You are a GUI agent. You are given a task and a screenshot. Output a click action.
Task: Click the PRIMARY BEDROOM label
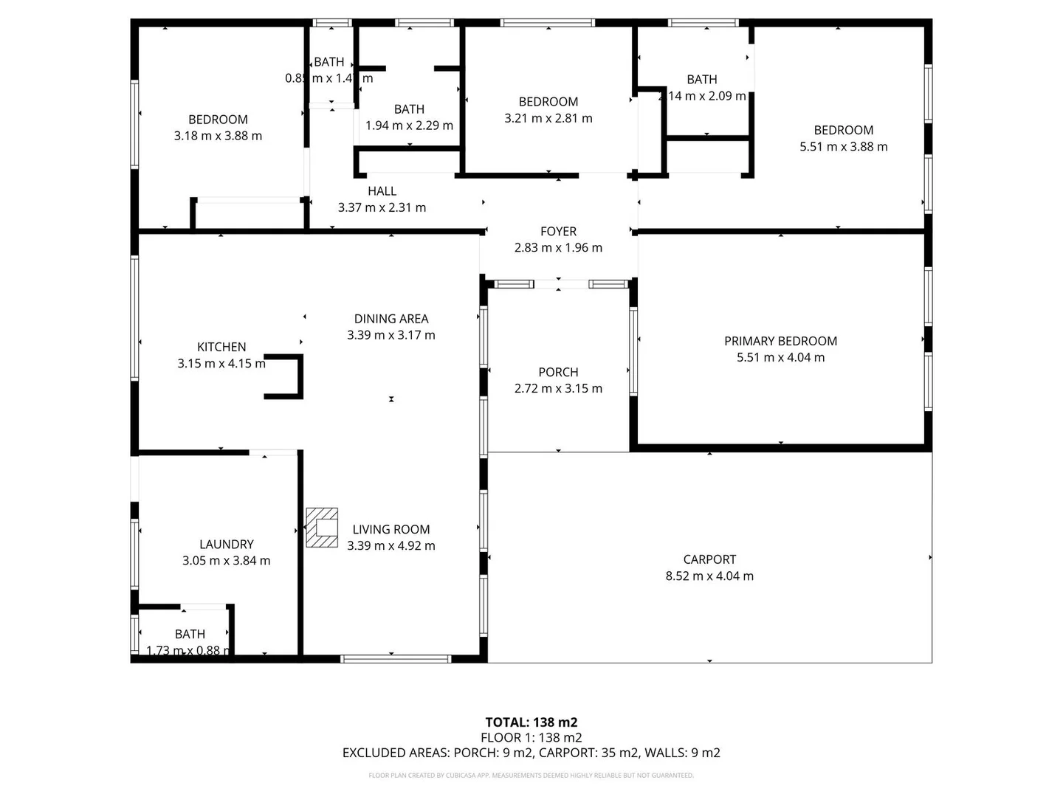pos(780,341)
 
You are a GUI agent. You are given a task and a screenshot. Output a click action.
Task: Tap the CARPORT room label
pos(709,559)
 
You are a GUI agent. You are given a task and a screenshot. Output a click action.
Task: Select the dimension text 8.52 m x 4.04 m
pos(709,576)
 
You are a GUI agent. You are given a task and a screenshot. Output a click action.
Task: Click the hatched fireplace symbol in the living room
pos(322,527)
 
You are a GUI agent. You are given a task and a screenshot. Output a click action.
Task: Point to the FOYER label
pos(558,232)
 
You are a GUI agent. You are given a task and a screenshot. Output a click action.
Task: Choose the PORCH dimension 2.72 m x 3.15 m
pos(558,389)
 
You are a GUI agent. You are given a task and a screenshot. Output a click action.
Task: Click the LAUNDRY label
pos(226,545)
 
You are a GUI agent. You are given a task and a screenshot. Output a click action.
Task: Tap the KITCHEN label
pos(221,347)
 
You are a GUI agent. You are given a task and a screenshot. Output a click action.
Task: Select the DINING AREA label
pos(391,319)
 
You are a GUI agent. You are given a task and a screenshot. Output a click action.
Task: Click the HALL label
pos(382,191)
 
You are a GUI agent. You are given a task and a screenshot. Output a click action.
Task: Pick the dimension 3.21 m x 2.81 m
pos(548,118)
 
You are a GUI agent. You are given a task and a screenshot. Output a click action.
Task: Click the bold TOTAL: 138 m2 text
pos(531,722)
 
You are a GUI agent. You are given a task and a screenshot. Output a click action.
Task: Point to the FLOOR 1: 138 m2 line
pos(531,737)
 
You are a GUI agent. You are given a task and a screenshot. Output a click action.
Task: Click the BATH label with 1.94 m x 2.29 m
pos(409,109)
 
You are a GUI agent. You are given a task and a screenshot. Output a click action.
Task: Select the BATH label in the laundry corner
pos(190,634)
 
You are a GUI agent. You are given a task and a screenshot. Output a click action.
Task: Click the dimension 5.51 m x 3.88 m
pos(843,147)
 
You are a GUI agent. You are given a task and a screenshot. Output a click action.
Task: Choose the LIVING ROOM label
pos(391,529)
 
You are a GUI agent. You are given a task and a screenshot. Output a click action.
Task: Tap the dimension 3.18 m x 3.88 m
pos(218,136)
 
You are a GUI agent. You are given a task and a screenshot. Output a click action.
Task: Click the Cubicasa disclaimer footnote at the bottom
pos(531,776)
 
